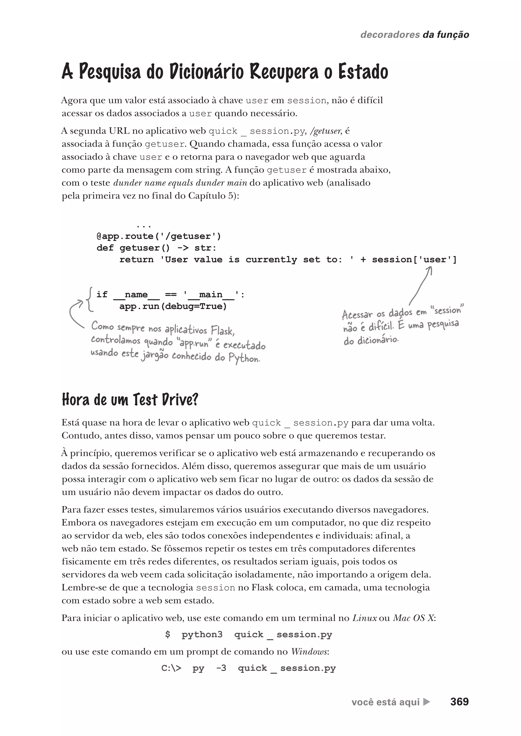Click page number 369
(459, 702)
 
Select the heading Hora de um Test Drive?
(130, 400)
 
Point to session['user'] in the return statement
(414, 259)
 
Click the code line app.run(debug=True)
(173, 306)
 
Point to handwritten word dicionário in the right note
(371, 340)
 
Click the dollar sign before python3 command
(167, 634)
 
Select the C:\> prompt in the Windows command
(171, 668)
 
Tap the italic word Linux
(364, 618)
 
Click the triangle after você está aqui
(426, 702)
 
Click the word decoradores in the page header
(390, 35)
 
